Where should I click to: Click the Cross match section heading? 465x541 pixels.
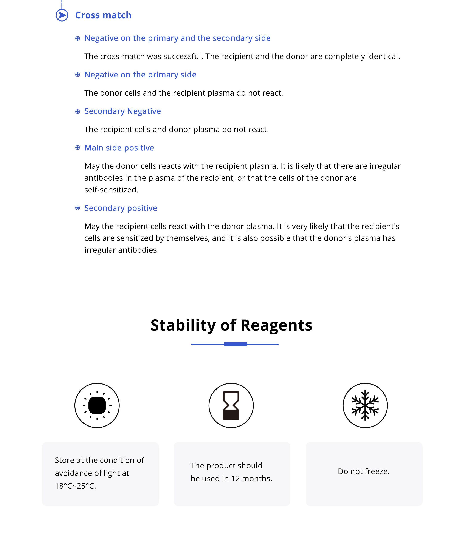click(x=103, y=15)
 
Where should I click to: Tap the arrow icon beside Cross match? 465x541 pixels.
click(x=62, y=15)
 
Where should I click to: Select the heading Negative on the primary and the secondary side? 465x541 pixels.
click(x=177, y=38)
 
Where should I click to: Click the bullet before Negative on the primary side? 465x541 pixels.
click(x=77, y=75)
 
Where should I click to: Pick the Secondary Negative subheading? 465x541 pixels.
click(x=122, y=111)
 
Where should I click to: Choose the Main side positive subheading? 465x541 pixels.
click(x=119, y=148)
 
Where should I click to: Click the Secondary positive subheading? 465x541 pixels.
click(x=121, y=208)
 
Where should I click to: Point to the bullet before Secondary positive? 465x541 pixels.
click(x=77, y=208)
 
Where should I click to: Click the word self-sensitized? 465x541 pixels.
click(x=111, y=190)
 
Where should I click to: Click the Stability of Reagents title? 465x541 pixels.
click(x=231, y=325)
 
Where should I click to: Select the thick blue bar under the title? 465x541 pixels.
click(x=235, y=344)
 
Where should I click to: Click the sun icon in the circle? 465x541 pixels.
click(x=97, y=405)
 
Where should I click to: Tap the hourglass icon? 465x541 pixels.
click(x=231, y=405)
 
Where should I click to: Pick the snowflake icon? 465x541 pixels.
click(x=365, y=405)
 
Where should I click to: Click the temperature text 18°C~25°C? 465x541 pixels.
click(x=75, y=486)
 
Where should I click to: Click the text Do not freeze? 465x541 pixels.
click(x=364, y=471)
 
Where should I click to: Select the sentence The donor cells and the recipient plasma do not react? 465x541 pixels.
click(x=184, y=93)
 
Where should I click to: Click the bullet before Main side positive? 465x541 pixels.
click(x=77, y=148)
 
